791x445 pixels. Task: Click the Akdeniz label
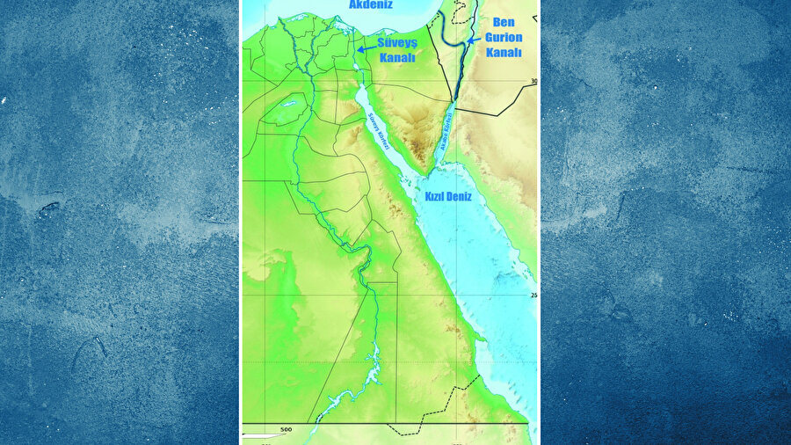(x=370, y=5)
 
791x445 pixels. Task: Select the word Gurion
(x=503, y=39)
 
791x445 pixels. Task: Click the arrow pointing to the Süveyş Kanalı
(x=366, y=50)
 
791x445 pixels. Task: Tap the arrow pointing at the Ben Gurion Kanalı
(x=472, y=40)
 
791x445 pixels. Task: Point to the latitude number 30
(x=533, y=82)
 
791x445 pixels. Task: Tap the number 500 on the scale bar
(x=286, y=429)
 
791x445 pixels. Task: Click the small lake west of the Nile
(x=287, y=103)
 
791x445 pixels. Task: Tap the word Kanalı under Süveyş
(x=396, y=57)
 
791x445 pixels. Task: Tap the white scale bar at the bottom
(x=265, y=435)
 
